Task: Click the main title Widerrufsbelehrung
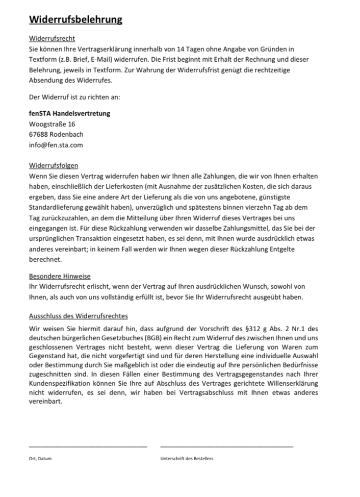(76, 20)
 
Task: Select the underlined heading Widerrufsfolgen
(54, 166)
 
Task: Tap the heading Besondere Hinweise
(60, 276)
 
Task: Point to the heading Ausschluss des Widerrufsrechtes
(79, 316)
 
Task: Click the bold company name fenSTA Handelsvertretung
(69, 113)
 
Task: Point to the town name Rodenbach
(67, 134)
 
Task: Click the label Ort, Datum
(40, 458)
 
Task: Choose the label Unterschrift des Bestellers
(187, 458)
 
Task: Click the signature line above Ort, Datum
(88, 446)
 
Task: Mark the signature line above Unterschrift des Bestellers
(226, 446)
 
